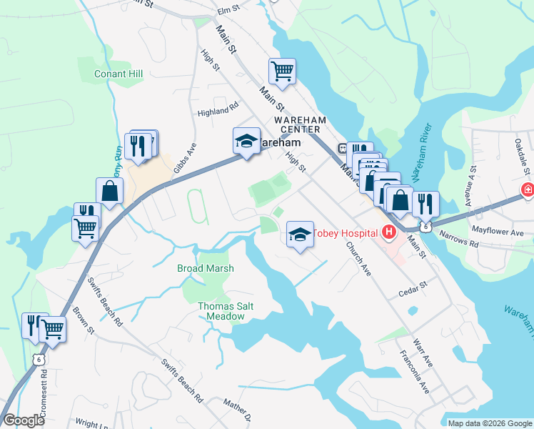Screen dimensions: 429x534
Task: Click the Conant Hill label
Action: (119, 74)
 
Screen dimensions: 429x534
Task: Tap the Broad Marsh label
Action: (206, 268)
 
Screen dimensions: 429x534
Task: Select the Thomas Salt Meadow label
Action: (226, 311)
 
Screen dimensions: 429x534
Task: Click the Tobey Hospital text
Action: (345, 232)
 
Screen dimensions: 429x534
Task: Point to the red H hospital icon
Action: (389, 232)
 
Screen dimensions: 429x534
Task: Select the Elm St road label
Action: (228, 9)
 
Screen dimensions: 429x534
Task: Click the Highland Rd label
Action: (218, 112)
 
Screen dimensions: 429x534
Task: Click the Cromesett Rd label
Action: (44, 390)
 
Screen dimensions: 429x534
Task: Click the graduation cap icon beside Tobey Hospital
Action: (300, 235)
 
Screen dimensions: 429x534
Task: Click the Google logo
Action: (24, 420)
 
